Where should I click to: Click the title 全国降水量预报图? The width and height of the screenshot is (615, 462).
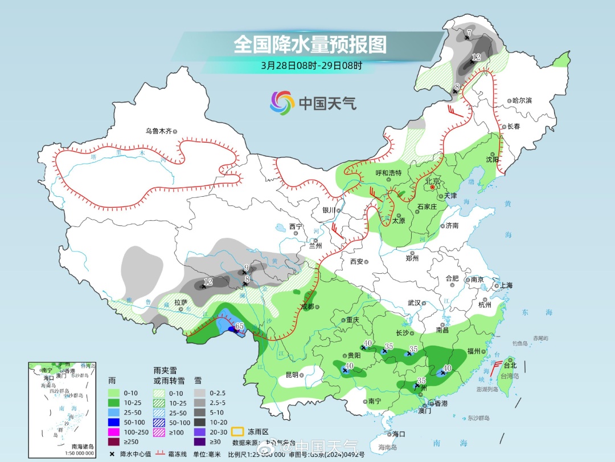[x=310, y=44]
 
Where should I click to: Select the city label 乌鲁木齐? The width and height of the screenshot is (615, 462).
[x=158, y=131]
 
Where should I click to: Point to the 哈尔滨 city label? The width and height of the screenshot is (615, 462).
[x=522, y=100]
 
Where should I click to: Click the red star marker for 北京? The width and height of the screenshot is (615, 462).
[x=432, y=187]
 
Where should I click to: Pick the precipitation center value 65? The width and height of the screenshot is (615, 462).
[x=240, y=326]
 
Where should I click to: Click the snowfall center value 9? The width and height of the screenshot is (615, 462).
[x=247, y=268]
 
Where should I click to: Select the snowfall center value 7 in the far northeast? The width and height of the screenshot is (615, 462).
[x=469, y=33]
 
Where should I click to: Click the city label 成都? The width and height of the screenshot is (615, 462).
[x=307, y=306]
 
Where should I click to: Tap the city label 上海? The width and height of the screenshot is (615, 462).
[x=506, y=285]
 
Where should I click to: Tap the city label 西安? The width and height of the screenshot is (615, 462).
[x=356, y=262]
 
